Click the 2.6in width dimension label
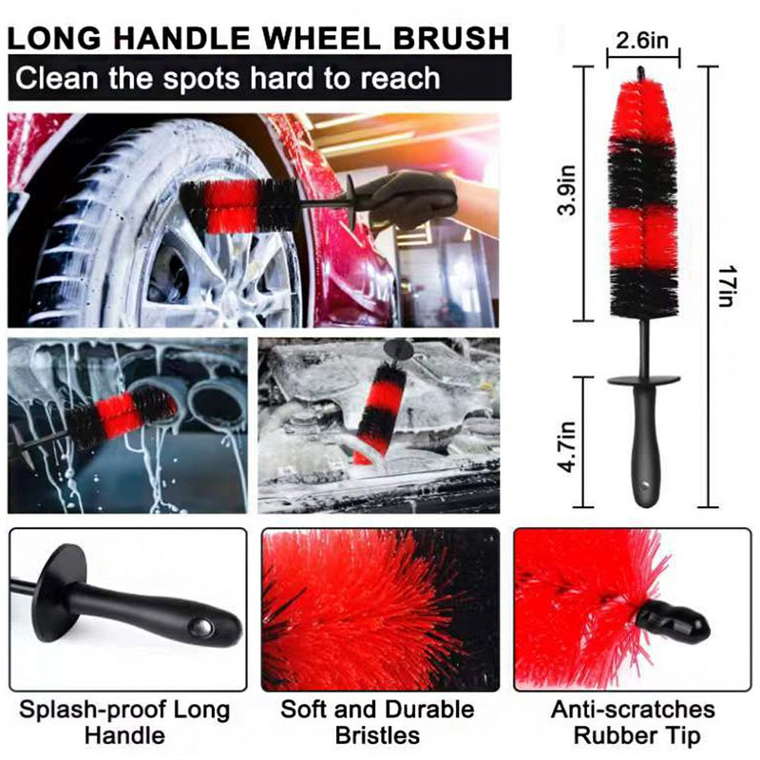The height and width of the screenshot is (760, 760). tap(643, 41)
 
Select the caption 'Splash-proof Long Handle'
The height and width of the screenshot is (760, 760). tap(123, 722)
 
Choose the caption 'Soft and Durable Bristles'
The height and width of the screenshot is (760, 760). tap(378, 722)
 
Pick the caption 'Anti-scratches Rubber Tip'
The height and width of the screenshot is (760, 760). tap(634, 722)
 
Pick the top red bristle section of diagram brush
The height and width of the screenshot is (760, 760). tap(643, 109)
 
